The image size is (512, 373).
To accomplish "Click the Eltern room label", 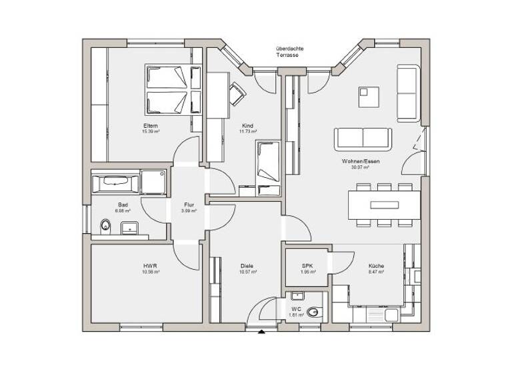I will pos(149,125).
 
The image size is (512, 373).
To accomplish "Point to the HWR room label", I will pos(149,265).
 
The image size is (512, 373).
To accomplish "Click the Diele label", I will pos(247,265).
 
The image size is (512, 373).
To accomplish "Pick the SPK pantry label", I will pos(307,265).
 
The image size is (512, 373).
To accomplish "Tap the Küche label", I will pos(376,265).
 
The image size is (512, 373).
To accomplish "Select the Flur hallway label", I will pos(189,204).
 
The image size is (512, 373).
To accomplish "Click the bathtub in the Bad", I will pos(116,181).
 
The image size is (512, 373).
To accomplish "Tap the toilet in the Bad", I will pos(105,225).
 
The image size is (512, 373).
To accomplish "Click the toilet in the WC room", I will pos(314,310).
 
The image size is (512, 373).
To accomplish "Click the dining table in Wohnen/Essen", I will pos(383,204).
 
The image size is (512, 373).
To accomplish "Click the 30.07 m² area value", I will pos(361,167).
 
